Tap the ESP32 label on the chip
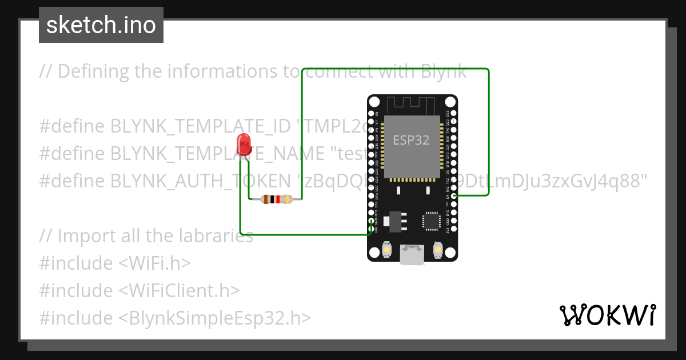[411, 140]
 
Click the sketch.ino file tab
[101, 25]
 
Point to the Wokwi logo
[607, 315]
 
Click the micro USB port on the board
[412, 255]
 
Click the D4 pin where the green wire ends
[453, 196]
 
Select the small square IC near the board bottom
[430, 221]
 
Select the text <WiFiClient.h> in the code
[179, 290]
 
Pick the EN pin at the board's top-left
[372, 114]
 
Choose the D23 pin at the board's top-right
[453, 114]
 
